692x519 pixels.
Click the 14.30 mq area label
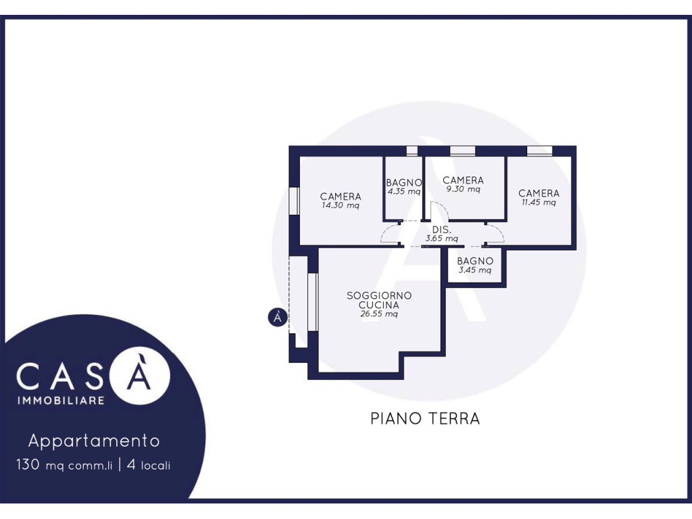[341, 205]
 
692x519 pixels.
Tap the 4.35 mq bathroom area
[404, 191]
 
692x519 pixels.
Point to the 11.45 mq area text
[539, 203]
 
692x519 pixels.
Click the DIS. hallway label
[441, 230]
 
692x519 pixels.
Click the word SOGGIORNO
[379, 296]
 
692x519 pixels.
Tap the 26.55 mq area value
[379, 314]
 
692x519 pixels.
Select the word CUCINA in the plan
[379, 305]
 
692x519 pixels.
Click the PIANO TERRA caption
[425, 418]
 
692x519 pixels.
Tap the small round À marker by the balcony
[278, 318]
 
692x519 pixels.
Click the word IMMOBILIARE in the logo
[61, 401]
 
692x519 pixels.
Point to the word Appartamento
[94, 441]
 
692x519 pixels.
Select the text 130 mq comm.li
[64, 465]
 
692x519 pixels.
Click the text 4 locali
[148, 465]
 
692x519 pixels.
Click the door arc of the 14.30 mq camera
[388, 233]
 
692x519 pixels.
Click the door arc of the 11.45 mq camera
[497, 232]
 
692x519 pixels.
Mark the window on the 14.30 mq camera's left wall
[295, 201]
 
